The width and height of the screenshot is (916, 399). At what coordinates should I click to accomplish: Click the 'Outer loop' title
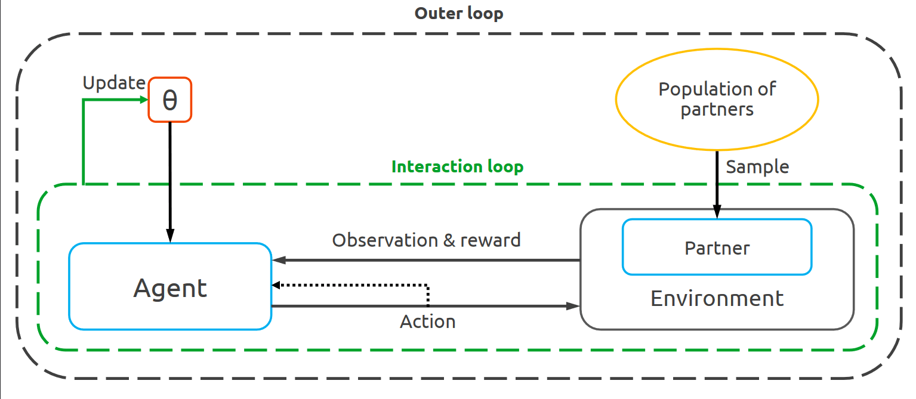coord(458,13)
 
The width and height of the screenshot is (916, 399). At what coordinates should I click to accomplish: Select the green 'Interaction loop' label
coord(457,166)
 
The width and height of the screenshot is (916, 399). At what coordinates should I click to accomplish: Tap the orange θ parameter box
coord(170,100)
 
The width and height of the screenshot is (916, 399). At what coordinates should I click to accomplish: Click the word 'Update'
coord(113,83)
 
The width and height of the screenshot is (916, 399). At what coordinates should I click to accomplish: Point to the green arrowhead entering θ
coord(144,100)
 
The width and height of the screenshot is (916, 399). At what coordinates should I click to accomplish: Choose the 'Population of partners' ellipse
coord(717,100)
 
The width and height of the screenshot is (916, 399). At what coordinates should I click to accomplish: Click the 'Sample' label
coord(757,167)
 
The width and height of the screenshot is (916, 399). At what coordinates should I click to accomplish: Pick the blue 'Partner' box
coord(717,248)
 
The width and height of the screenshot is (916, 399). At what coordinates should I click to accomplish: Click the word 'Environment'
coord(717,298)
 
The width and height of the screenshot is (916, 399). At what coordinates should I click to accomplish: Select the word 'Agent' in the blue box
coord(170,288)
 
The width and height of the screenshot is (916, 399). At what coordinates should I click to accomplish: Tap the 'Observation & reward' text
coord(426,240)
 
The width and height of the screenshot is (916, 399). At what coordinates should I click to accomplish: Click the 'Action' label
coord(427,322)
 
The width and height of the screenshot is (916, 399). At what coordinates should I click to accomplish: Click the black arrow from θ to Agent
coord(170,179)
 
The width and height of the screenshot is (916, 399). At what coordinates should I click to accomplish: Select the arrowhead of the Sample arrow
coord(717,214)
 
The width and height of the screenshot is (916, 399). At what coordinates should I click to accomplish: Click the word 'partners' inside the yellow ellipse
coord(717,110)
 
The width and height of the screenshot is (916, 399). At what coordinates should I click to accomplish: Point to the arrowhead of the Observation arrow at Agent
coord(277,260)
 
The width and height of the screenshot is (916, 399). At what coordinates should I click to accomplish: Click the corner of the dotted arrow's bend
coord(428,286)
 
